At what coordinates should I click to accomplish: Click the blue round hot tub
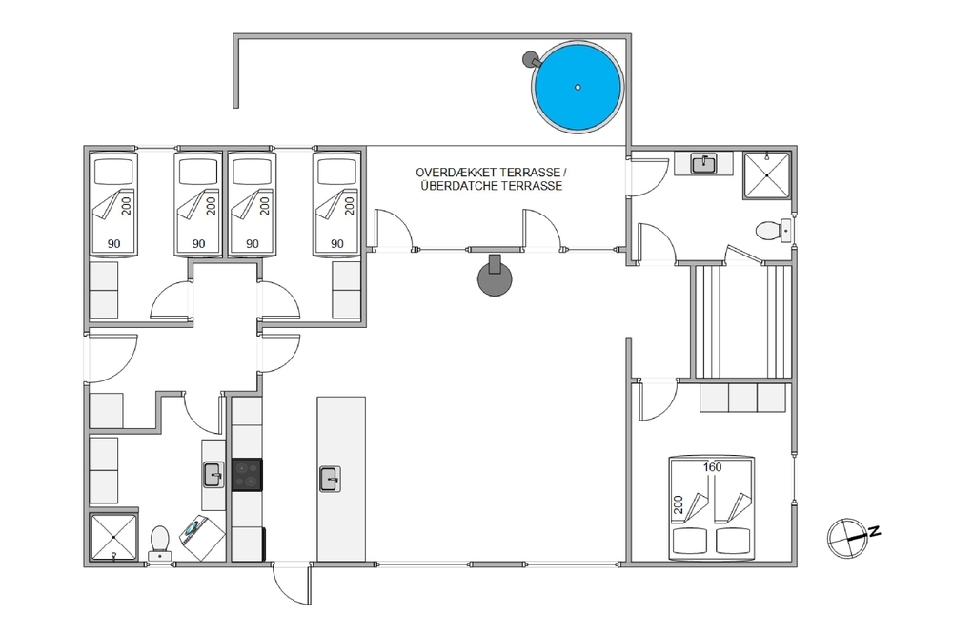578,87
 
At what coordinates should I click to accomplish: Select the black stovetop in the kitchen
248,474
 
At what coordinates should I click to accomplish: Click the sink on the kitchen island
330,479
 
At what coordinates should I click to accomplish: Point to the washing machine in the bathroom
202,537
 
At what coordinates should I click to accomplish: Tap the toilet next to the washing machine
159,543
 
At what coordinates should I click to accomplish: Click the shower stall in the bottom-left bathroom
113,538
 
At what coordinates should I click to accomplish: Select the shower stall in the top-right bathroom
767,175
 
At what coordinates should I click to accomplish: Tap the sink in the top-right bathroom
704,164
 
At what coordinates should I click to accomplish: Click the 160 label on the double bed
712,467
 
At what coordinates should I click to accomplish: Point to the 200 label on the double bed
679,504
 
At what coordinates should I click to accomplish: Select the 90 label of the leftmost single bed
113,244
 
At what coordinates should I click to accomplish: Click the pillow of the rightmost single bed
336,172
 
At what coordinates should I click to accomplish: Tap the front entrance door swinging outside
292,584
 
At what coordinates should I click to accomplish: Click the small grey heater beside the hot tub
531,59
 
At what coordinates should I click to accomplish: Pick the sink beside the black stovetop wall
213,475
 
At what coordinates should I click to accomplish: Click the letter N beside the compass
875,531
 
